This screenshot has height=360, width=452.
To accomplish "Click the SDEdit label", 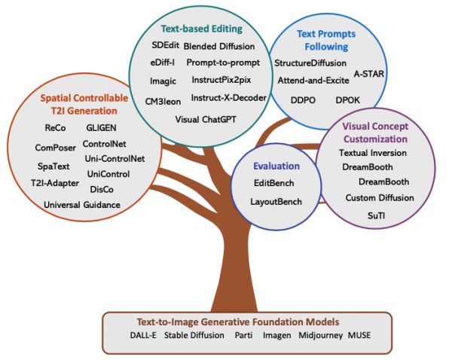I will [x=165, y=46].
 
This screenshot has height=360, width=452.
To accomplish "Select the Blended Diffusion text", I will [x=215, y=46].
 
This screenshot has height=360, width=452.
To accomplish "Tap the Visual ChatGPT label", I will [x=206, y=119].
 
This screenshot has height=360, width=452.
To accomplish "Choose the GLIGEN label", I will [x=100, y=127].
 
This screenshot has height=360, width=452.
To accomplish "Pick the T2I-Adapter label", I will [x=53, y=182].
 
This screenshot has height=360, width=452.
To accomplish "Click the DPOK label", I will [x=347, y=99].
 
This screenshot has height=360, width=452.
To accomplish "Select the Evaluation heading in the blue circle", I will [x=276, y=166].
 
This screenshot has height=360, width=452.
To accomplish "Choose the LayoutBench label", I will [x=276, y=201].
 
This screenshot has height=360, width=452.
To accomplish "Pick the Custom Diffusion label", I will [x=380, y=198].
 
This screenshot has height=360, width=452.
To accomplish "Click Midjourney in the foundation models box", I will [x=319, y=334].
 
